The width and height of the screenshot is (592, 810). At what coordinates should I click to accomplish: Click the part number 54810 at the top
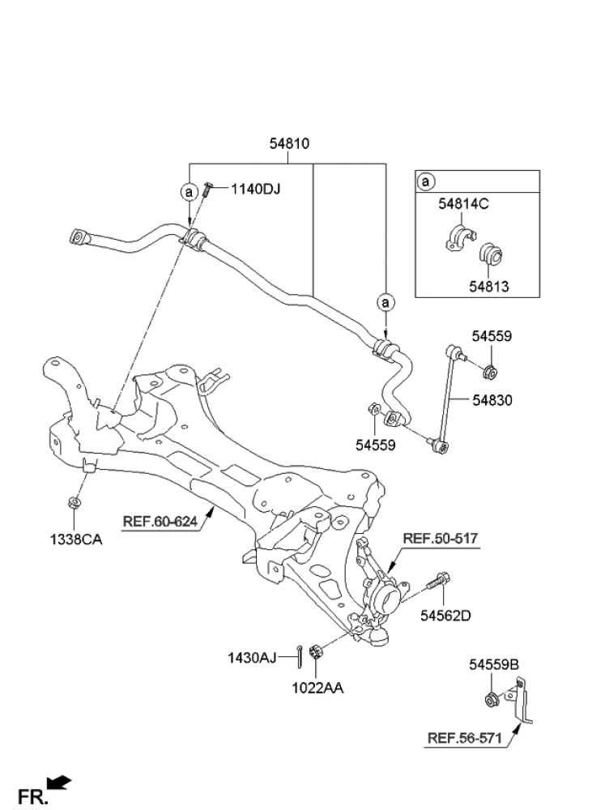[x=289, y=144]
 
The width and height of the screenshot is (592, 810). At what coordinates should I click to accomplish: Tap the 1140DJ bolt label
[x=255, y=190]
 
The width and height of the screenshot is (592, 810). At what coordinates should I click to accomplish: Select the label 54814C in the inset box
[x=464, y=204]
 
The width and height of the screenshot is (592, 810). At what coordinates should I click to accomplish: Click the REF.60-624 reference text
[x=160, y=522]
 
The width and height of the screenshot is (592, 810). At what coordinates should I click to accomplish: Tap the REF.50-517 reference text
[x=440, y=537]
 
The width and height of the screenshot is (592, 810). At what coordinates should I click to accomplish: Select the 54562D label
[x=445, y=616]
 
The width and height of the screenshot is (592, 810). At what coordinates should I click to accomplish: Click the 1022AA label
[x=318, y=688]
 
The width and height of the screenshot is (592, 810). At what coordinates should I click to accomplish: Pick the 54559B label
[x=493, y=665]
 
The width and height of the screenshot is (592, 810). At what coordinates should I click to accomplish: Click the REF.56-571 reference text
[x=464, y=738]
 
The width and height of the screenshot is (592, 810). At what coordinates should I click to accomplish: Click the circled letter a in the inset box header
[x=427, y=182]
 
